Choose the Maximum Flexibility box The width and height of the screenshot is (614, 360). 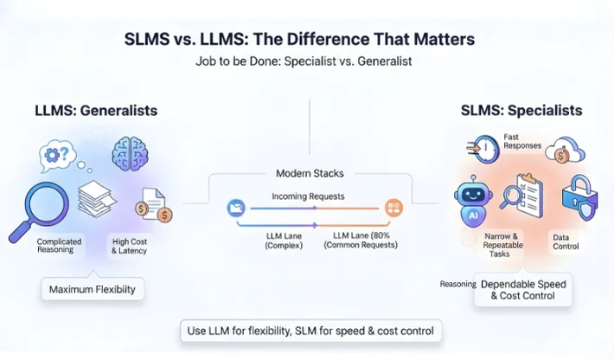(92, 289)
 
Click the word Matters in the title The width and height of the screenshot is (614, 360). (435, 39)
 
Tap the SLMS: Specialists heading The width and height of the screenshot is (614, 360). (521, 111)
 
